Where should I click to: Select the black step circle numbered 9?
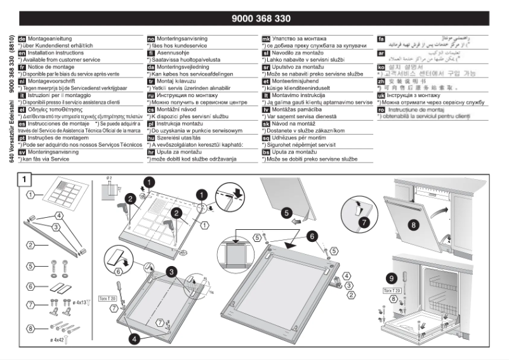(392, 277)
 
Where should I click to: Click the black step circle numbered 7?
(363, 223)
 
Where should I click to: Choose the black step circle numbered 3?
(171, 271)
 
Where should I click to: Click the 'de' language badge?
(22, 39)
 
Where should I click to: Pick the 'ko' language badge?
(381, 67)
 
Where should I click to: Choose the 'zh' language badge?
(381, 81)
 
